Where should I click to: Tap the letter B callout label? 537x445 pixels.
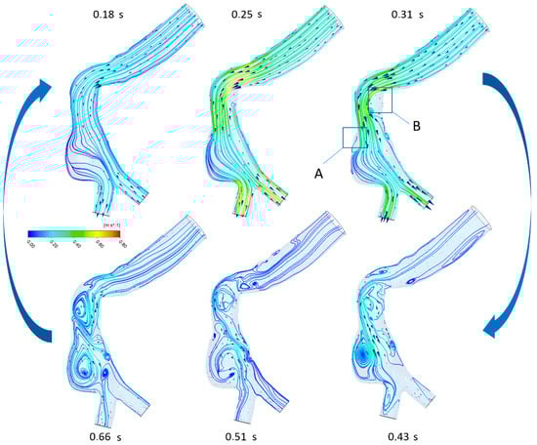pyautogui.click(x=414, y=124)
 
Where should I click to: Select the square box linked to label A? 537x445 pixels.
pyautogui.click(x=354, y=138)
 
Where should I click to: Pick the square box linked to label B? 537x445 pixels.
pyautogui.click(x=379, y=99)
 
